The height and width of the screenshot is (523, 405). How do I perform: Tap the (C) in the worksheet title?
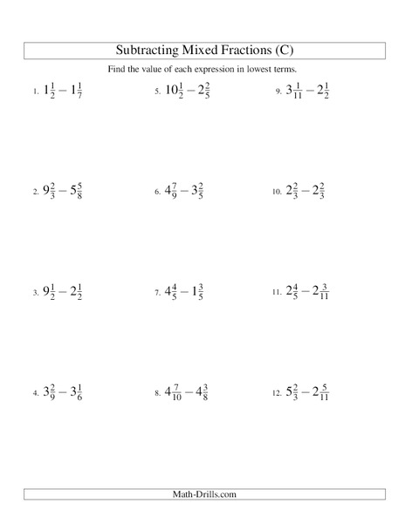tap(281, 50)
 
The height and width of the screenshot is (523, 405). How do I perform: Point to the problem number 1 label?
tap(36, 92)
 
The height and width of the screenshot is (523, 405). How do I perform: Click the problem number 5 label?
tap(157, 92)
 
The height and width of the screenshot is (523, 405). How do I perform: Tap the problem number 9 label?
tap(278, 92)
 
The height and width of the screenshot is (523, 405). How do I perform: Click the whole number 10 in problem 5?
tap(172, 90)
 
